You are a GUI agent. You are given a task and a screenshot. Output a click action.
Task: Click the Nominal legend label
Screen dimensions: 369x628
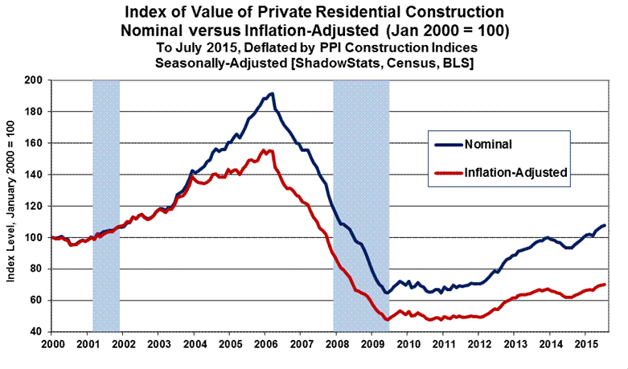coord(486,145)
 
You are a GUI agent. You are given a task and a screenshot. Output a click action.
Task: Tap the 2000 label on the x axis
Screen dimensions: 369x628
coord(51,343)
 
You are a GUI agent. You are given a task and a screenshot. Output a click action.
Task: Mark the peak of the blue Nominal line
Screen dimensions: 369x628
coord(272,94)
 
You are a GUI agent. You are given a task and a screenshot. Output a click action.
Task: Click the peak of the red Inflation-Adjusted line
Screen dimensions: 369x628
coord(269,150)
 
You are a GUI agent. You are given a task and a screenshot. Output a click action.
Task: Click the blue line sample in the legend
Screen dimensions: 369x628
coord(448,145)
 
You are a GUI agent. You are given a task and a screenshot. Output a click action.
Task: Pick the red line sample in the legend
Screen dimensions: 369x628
coord(448,172)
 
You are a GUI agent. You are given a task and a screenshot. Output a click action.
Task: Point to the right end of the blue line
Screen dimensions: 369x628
coord(605,225)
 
